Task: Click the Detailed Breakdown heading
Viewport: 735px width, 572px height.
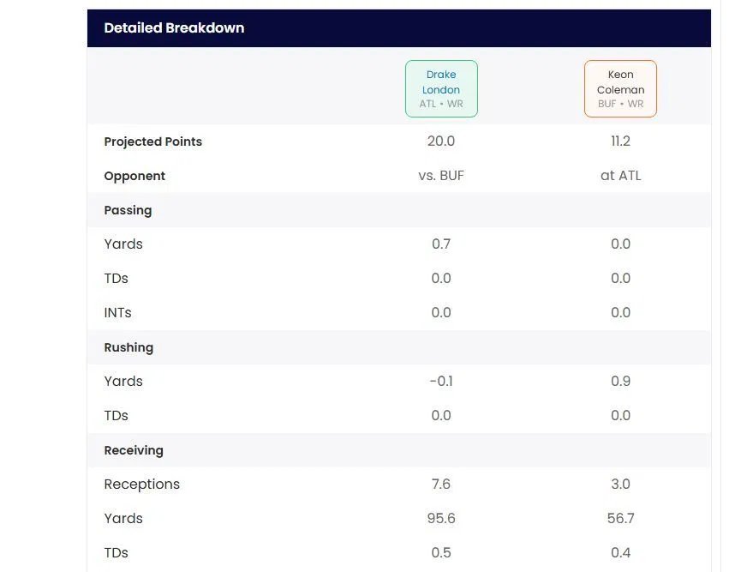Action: tap(174, 28)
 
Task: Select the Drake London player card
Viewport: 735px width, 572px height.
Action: tap(441, 89)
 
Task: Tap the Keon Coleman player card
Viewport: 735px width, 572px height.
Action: tap(620, 89)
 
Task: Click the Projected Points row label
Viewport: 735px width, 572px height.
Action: tap(153, 141)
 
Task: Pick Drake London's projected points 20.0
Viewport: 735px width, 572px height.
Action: tap(441, 141)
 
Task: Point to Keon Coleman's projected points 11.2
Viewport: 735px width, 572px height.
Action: tap(620, 141)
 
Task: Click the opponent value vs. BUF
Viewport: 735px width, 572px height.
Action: tap(441, 176)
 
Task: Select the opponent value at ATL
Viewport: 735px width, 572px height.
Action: tap(620, 176)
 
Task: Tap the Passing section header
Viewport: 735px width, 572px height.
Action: tap(128, 210)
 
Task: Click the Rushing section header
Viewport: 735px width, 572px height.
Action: tap(128, 347)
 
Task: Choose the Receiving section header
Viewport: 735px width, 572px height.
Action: tap(134, 450)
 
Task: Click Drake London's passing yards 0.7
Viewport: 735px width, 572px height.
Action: tap(441, 244)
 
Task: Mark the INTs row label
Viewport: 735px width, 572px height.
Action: tap(118, 313)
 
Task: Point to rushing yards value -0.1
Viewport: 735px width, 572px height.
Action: tap(441, 382)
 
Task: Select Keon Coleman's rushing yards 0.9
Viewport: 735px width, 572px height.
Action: tap(620, 382)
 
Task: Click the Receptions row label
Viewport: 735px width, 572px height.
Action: tap(142, 485)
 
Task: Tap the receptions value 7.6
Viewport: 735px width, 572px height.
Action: tap(441, 485)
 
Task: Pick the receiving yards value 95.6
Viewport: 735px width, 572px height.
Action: tap(441, 519)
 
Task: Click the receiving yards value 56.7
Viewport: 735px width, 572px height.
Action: tap(620, 519)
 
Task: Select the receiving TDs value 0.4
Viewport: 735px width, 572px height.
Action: tap(620, 553)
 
